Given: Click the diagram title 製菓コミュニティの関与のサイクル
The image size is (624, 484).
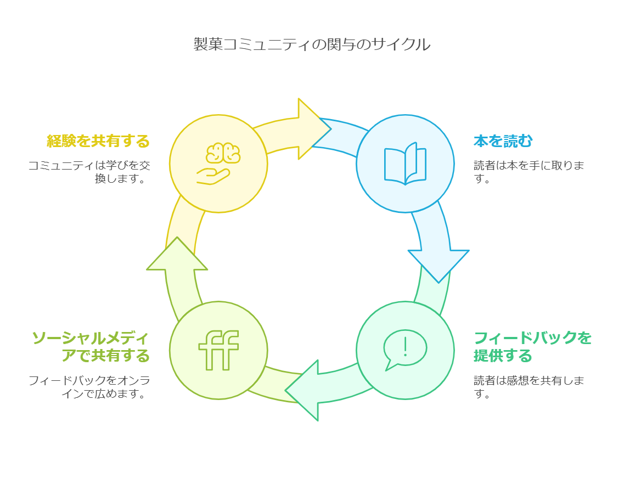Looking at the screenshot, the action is [312, 44].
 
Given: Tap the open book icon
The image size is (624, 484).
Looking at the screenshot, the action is [405, 164].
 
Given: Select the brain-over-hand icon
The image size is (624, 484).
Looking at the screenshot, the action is [218, 164].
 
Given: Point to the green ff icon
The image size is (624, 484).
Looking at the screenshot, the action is [218, 350].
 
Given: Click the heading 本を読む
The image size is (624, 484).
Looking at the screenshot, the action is [503, 141].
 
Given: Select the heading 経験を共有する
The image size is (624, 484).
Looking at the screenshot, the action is [98, 141].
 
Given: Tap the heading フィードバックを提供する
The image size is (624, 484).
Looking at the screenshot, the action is [532, 347].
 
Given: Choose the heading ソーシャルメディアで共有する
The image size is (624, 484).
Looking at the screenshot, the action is [91, 347].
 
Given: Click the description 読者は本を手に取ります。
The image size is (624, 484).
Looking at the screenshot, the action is [529, 172].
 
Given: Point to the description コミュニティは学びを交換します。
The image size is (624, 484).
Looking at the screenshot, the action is [89, 172].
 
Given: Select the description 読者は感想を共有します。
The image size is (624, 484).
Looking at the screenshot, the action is [529, 387].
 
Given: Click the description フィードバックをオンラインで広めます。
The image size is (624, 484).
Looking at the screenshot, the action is [89, 387].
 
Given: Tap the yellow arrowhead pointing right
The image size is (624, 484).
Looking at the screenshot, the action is [314, 129].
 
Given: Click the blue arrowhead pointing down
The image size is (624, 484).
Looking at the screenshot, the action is [439, 266].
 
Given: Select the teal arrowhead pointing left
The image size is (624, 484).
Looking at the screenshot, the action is [302, 391].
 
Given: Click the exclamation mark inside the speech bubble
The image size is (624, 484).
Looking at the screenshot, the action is [405, 347].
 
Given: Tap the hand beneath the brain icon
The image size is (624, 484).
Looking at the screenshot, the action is [213, 177].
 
